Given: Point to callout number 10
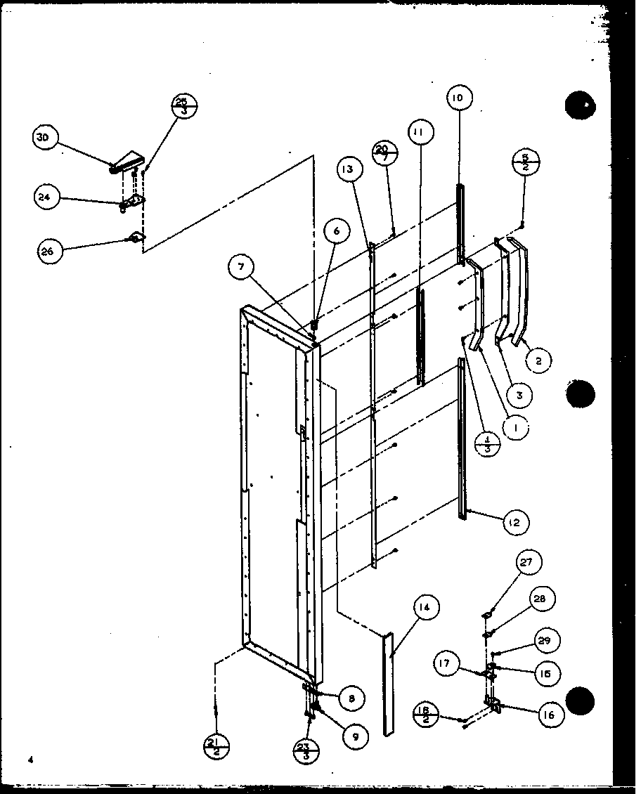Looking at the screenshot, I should pos(458,98).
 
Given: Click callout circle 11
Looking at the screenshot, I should pos(420,131).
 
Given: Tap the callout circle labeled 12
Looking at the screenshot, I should pos(515,522).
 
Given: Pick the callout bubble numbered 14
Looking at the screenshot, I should pos(426,607).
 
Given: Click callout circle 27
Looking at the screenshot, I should pos(526,563).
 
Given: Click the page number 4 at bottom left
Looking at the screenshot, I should pos(32,759).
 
